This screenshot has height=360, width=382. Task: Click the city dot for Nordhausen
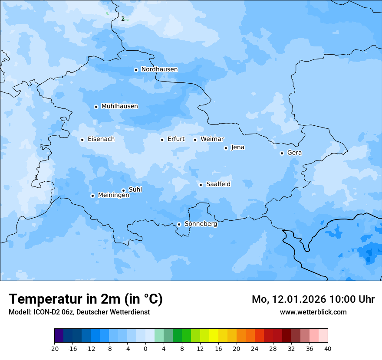point(136,70)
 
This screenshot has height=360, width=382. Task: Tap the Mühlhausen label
point(119,106)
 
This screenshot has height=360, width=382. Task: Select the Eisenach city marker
point(82,140)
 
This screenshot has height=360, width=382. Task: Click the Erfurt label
point(176,139)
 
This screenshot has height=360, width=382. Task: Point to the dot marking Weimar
point(195,140)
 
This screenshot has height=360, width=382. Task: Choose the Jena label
point(237,147)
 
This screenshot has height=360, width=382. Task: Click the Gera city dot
point(282,153)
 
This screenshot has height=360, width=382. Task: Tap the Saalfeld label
point(218,184)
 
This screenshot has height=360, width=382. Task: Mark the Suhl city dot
point(123,190)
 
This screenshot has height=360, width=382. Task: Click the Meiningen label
point(113,196)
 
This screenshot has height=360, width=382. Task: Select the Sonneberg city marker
point(179,225)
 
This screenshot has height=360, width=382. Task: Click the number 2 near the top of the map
point(123,19)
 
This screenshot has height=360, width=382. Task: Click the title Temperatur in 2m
point(86,299)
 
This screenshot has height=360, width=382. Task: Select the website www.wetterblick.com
point(313,312)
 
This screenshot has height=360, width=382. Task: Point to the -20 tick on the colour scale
point(54,348)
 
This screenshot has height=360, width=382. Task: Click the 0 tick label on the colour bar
point(145,348)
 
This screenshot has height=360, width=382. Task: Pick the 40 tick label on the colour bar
point(327,348)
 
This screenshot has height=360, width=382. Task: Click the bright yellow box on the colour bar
point(214,336)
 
